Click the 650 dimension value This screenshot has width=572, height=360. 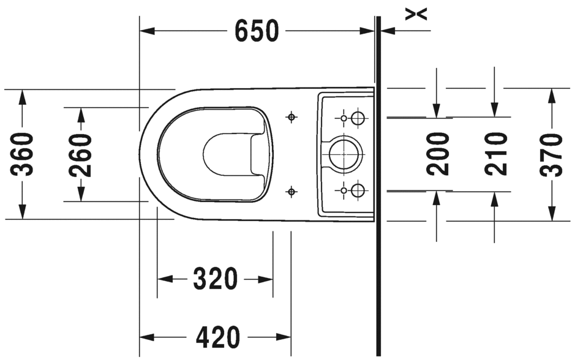[x=257, y=31]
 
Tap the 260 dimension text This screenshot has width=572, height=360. [x=81, y=154]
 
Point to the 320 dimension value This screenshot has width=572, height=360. [x=215, y=279]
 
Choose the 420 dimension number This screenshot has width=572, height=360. [x=219, y=337]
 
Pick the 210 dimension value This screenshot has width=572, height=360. [x=495, y=154]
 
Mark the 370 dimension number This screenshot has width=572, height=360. [x=552, y=154]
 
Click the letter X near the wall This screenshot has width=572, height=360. [x=417, y=13]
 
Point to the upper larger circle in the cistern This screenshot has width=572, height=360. [x=358, y=117]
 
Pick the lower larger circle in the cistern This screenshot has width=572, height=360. [x=358, y=191]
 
